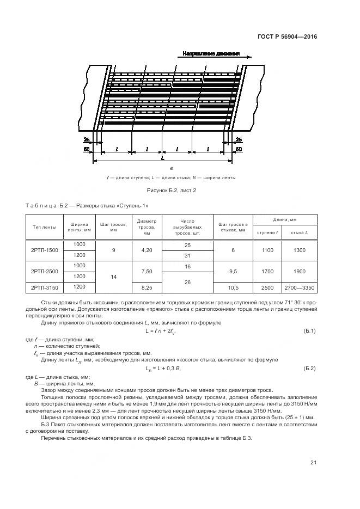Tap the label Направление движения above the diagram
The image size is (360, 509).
tap(211, 55)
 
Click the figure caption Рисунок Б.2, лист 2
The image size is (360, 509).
tap(172, 190)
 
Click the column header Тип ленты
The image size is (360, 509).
tap(45, 227)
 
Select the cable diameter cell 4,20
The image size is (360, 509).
tap(147, 250)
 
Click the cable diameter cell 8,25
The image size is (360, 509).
tap(147, 286)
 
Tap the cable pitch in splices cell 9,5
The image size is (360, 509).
tap(233, 271)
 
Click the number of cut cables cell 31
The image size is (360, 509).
tap(187, 255)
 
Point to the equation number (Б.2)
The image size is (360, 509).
tap(309, 369)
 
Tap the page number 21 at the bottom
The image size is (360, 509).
tap(313, 463)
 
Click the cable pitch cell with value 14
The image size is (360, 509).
tap(114, 277)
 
